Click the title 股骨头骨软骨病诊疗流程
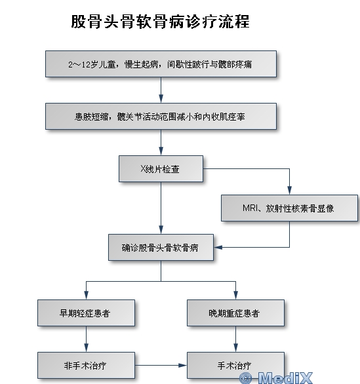click(160, 22)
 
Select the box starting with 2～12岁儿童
click(161, 64)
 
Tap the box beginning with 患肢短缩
click(161, 117)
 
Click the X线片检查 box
click(161, 168)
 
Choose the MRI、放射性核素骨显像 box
click(289, 208)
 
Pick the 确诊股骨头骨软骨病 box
click(161, 247)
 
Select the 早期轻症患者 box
click(86, 313)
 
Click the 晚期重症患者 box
click(235, 313)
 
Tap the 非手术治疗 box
click(86, 366)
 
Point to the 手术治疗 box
click(235, 366)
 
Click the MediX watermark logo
click(276, 377)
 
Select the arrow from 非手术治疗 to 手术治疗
click(161, 366)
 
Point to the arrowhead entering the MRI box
click(289, 191)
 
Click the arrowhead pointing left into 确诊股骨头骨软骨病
click(218, 247)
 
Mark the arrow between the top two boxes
click(161, 90)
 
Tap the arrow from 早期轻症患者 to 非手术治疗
click(86, 339)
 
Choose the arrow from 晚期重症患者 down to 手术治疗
click(235, 339)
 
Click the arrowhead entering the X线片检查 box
click(161, 151)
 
